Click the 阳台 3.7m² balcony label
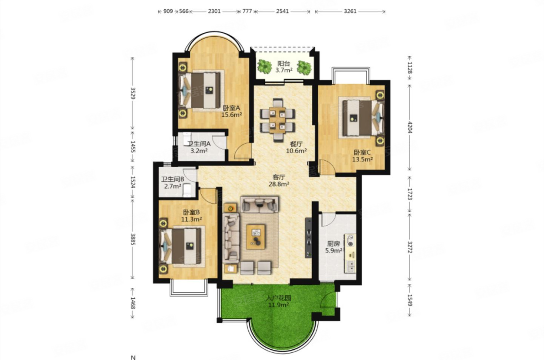(284, 67)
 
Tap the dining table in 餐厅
(277, 120)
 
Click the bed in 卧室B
(181, 246)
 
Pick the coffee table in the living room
(256, 237)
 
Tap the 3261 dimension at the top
(350, 11)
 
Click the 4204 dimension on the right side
(410, 127)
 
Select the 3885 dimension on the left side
(133, 239)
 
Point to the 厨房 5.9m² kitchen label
(334, 247)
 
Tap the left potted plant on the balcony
(264, 66)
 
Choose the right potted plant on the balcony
(304, 67)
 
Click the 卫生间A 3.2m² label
(199, 147)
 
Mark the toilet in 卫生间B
(187, 190)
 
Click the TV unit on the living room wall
(308, 238)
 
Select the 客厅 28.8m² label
(279, 180)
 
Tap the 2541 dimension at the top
(282, 11)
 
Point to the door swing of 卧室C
(327, 167)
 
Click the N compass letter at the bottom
(133, 357)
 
